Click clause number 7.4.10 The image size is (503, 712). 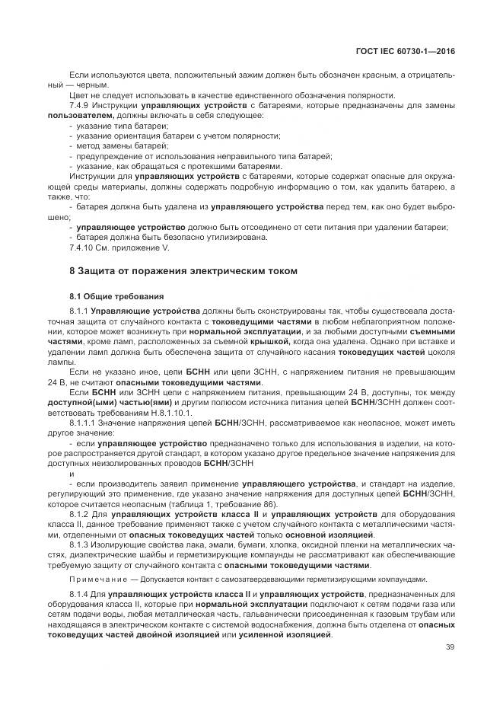coord(84,247)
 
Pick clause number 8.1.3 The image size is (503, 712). coord(81,545)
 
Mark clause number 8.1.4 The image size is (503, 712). coord(81,593)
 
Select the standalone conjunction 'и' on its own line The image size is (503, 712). coord(71,474)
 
